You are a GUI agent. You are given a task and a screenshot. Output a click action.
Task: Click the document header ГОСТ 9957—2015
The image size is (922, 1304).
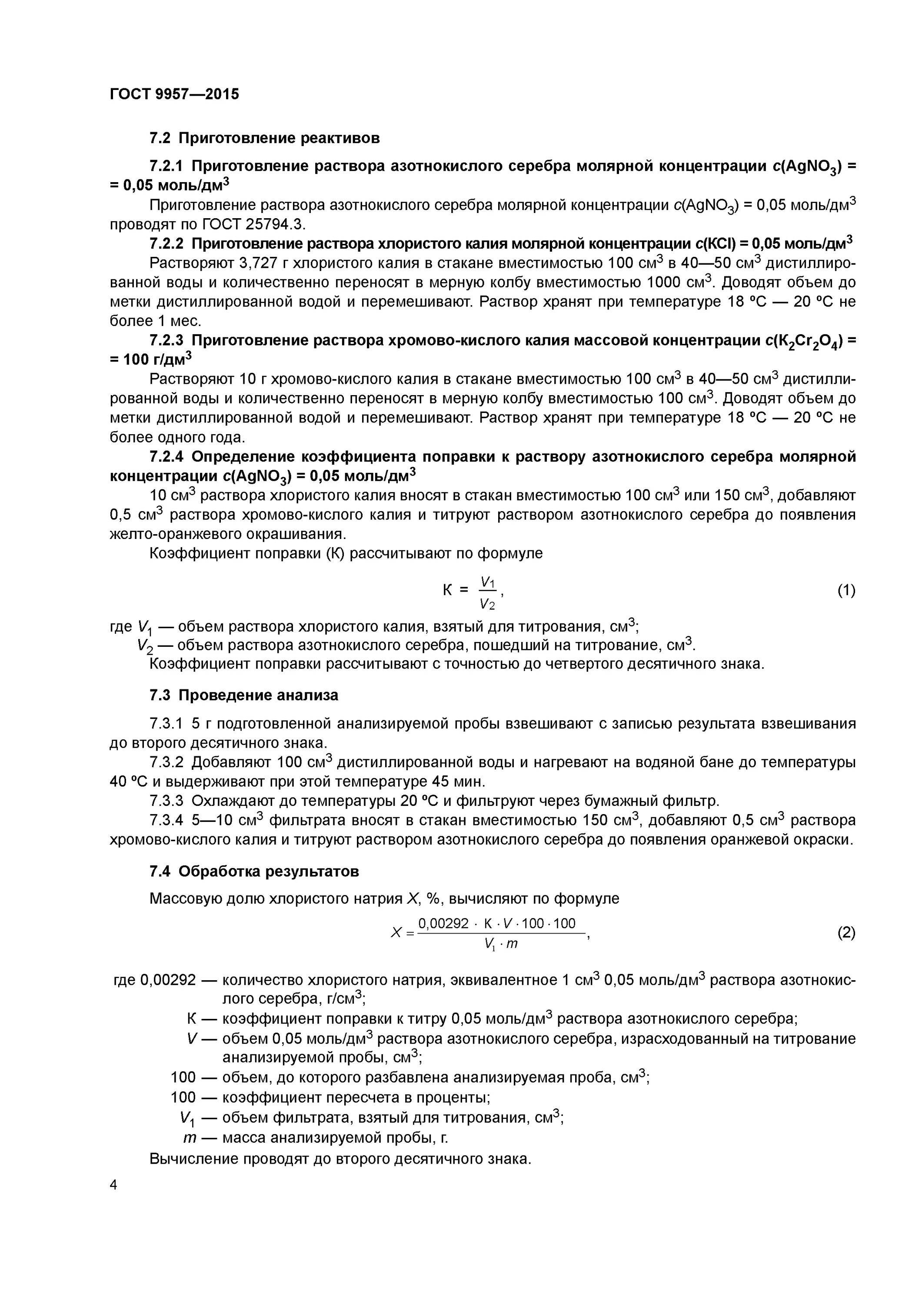click(174, 94)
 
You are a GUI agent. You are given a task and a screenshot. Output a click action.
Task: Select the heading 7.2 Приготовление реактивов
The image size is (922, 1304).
click(264, 138)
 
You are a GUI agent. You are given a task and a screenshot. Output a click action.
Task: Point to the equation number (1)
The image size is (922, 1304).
click(846, 591)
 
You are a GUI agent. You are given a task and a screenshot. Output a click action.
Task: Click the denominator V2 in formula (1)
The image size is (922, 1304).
click(487, 604)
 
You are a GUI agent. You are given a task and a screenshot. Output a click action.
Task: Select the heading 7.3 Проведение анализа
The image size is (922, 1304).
click(244, 695)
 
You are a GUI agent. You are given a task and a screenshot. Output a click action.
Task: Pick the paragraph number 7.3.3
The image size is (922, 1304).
click(166, 801)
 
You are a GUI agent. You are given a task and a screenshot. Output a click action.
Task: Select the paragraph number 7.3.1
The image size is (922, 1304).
click(166, 724)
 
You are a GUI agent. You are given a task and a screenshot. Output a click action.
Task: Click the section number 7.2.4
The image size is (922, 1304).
click(166, 457)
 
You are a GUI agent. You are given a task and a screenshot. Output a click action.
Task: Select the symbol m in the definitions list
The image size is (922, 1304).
click(189, 1138)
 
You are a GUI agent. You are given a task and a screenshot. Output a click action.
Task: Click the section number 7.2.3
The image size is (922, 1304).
click(166, 340)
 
